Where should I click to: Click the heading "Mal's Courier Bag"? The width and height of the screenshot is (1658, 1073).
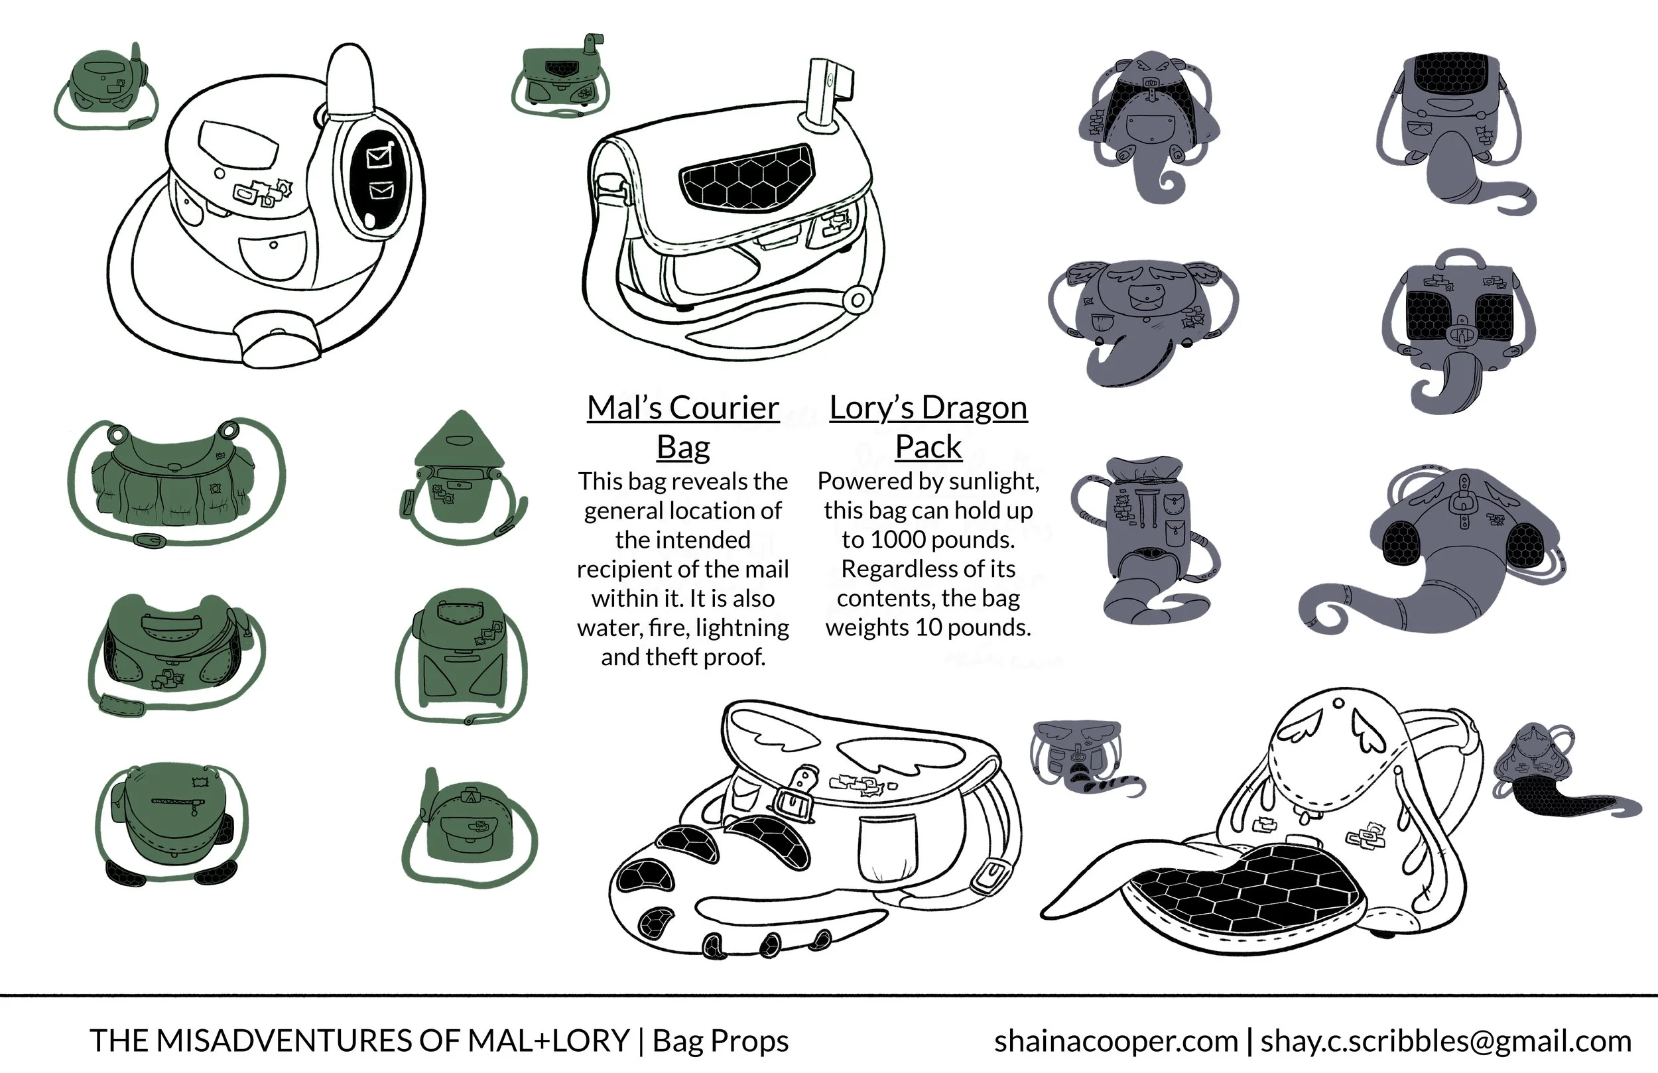click(x=682, y=426)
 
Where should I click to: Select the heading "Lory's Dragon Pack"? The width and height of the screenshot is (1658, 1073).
click(x=928, y=426)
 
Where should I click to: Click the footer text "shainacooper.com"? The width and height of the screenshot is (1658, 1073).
click(x=1116, y=1041)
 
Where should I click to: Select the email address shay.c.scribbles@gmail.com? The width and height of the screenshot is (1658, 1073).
click(x=1446, y=1041)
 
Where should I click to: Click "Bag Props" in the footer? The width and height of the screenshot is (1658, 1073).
click(x=720, y=1041)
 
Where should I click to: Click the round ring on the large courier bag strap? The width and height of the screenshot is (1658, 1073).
click(x=857, y=301)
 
